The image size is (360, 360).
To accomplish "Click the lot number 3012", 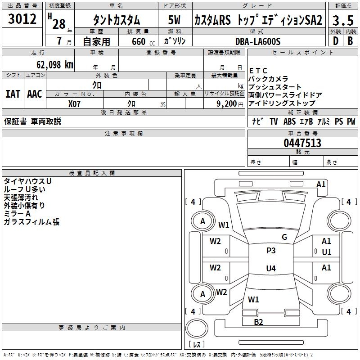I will click(x=22, y=19).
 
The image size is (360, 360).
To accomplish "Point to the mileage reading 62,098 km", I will click(x=51, y=65).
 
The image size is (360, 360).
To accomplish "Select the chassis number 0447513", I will click(x=302, y=143).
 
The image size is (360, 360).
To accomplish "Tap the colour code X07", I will click(x=75, y=103).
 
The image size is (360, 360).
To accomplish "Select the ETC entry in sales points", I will click(x=258, y=71).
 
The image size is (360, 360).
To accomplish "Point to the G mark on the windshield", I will click(x=284, y=237).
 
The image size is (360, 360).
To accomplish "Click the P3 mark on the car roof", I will click(x=271, y=251).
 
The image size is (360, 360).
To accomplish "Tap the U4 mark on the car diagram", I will click(x=270, y=269).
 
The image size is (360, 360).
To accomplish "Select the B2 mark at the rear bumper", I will click(x=258, y=322).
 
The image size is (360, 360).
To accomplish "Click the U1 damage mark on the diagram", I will click(x=327, y=252).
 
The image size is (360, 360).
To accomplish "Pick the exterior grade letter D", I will click(x=335, y=41).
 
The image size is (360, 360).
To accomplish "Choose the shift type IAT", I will click(x=13, y=94).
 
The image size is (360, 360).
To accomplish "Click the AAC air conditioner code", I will click(x=35, y=94).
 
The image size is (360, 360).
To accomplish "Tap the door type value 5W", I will click(x=175, y=20).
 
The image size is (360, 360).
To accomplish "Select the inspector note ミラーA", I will click(x=17, y=214).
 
